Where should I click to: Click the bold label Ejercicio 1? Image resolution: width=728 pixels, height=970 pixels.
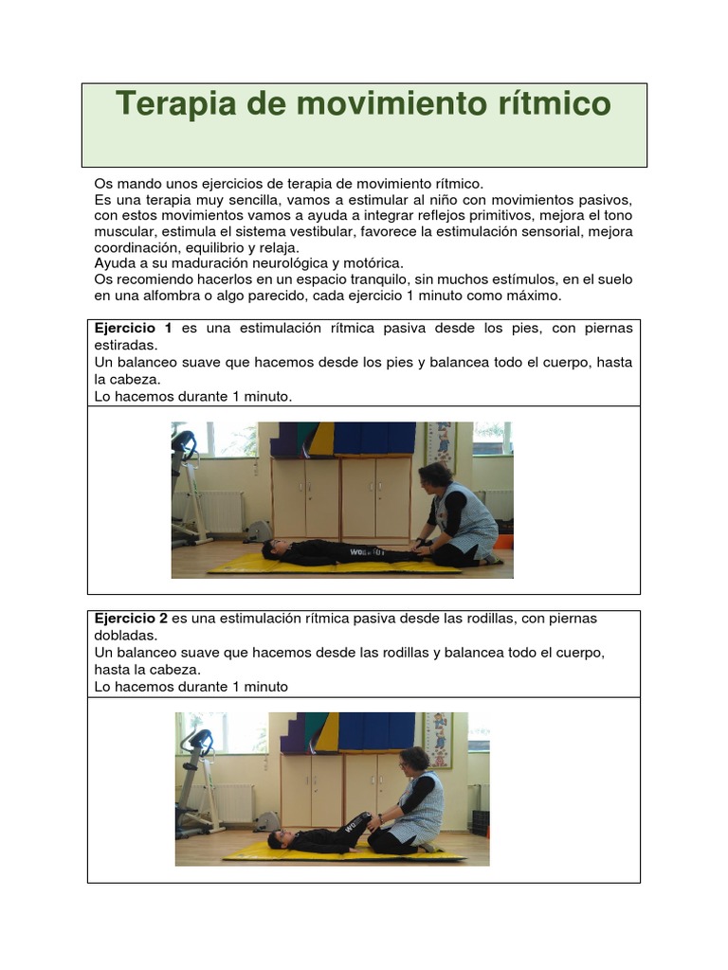pyautogui.click(x=133, y=328)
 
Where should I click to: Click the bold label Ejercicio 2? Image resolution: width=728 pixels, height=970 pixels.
pyautogui.click(x=133, y=619)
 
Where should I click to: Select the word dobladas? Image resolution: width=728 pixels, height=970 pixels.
pyautogui.click(x=126, y=636)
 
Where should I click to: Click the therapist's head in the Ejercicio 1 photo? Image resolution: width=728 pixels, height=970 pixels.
pyautogui.click(x=435, y=476)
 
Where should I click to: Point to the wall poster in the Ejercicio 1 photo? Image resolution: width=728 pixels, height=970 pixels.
pyautogui.click(x=441, y=445)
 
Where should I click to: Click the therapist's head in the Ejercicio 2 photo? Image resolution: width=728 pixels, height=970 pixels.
pyautogui.click(x=414, y=760)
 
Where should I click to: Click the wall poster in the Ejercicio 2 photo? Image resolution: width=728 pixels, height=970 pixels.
pyautogui.click(x=438, y=739)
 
